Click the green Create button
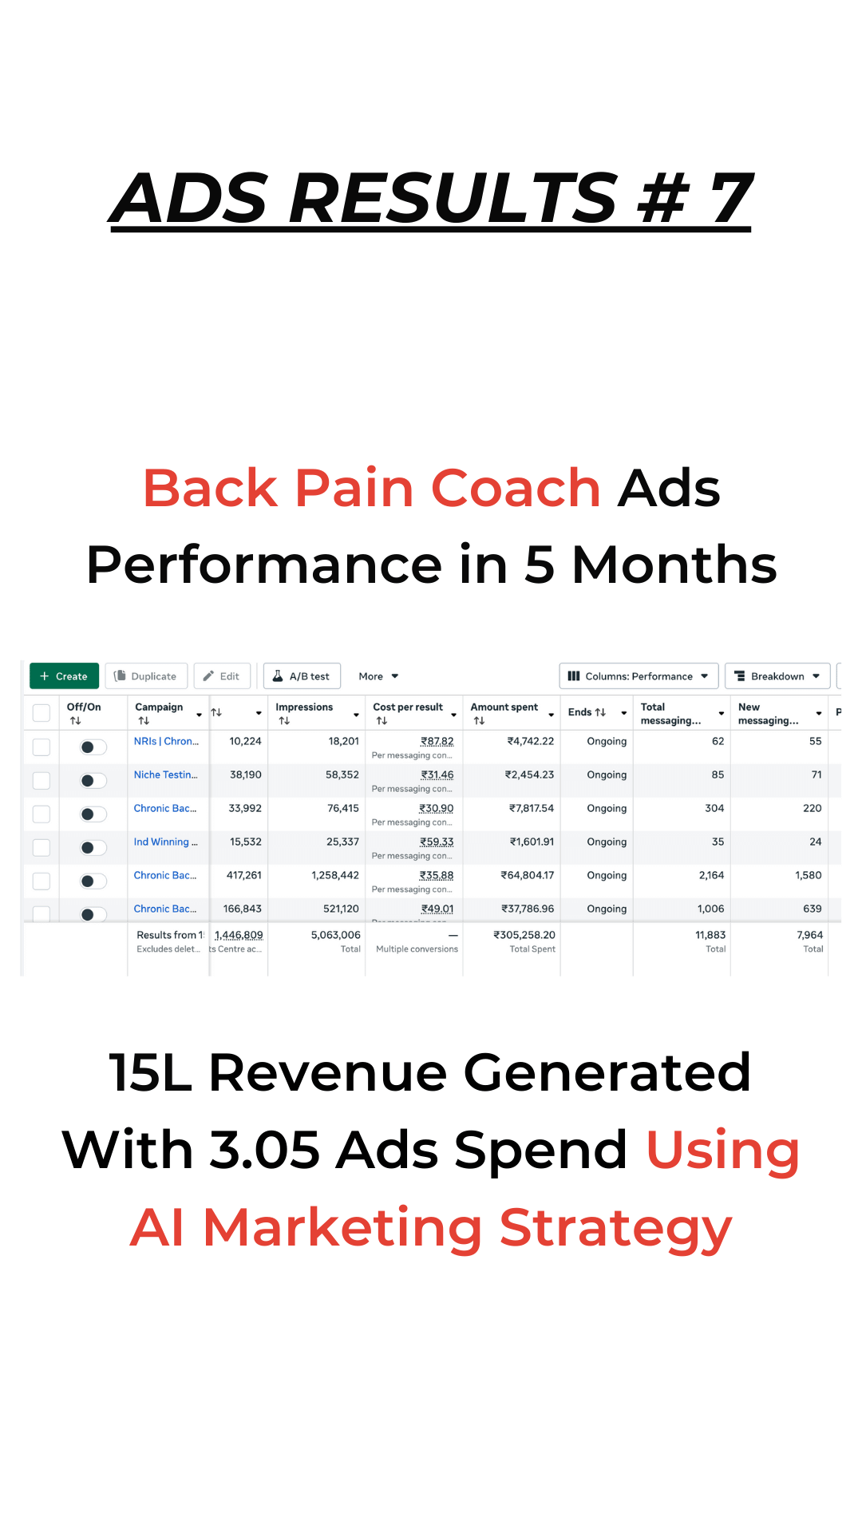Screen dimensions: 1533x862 pyautogui.click(x=64, y=676)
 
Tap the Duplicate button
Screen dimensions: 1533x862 pyautogui.click(x=146, y=676)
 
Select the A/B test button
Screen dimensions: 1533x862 pyautogui.click(x=302, y=676)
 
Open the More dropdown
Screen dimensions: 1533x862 pyautogui.click(x=378, y=676)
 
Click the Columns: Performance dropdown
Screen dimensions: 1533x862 pyautogui.click(x=639, y=676)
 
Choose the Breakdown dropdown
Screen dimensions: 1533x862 pyautogui.click(x=777, y=676)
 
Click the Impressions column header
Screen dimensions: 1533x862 pyautogui.click(x=304, y=707)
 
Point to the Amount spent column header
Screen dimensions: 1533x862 pyautogui.click(x=504, y=707)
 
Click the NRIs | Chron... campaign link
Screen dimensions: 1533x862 pyautogui.click(x=166, y=741)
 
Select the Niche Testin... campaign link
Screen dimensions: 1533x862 pyautogui.click(x=165, y=774)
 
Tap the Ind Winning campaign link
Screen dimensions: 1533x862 pyautogui.click(x=165, y=842)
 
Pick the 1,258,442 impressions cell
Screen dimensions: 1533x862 pyautogui.click(x=335, y=875)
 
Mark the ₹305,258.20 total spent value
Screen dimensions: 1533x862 pyautogui.click(x=524, y=935)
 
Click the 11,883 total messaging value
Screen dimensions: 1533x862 pyautogui.click(x=710, y=935)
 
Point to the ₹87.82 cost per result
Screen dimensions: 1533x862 pyautogui.click(x=437, y=742)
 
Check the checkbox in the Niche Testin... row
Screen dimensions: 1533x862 pyautogui.click(x=42, y=781)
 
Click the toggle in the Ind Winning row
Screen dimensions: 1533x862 pyautogui.click(x=93, y=848)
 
